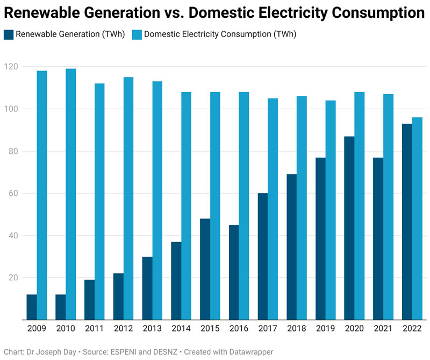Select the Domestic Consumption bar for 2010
70,194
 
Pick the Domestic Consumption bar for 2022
418,218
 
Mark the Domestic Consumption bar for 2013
157,201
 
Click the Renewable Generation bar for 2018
292,247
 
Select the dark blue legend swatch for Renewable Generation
9,34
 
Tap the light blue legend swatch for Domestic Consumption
137,34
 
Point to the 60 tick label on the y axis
12,193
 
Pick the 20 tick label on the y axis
12,278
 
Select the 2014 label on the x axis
181,328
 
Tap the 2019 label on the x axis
326,328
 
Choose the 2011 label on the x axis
95,328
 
